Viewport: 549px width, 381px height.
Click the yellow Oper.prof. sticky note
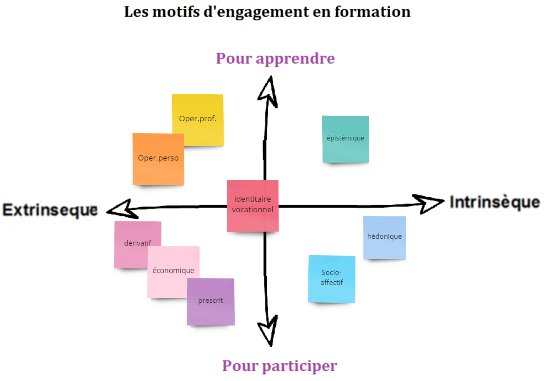201,114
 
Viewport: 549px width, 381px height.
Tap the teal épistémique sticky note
345,139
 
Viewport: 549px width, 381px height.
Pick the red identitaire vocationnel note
253,206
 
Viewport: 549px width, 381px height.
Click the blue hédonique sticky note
385,237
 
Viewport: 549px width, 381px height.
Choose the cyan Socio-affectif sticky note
332,279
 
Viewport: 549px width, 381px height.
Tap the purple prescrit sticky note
211,304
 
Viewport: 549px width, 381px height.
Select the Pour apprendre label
275,59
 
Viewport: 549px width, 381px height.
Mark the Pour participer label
280,366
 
